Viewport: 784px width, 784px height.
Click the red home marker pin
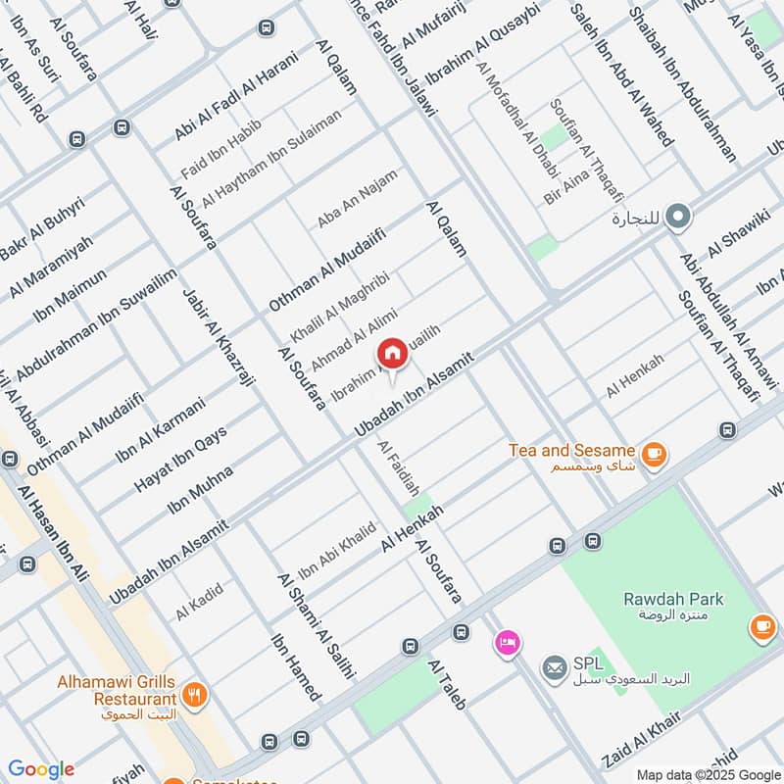click(392, 354)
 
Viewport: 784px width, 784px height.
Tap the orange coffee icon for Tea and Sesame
click(653, 454)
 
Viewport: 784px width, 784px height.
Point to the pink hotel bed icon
click(508, 643)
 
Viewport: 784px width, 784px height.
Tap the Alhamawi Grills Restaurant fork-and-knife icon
click(194, 698)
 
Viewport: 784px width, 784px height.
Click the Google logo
click(40, 769)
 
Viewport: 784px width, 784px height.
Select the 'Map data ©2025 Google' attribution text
click(708, 773)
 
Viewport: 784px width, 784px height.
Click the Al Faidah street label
click(399, 467)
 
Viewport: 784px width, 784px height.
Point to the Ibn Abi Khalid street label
click(336, 551)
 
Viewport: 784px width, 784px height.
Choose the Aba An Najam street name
click(357, 200)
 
